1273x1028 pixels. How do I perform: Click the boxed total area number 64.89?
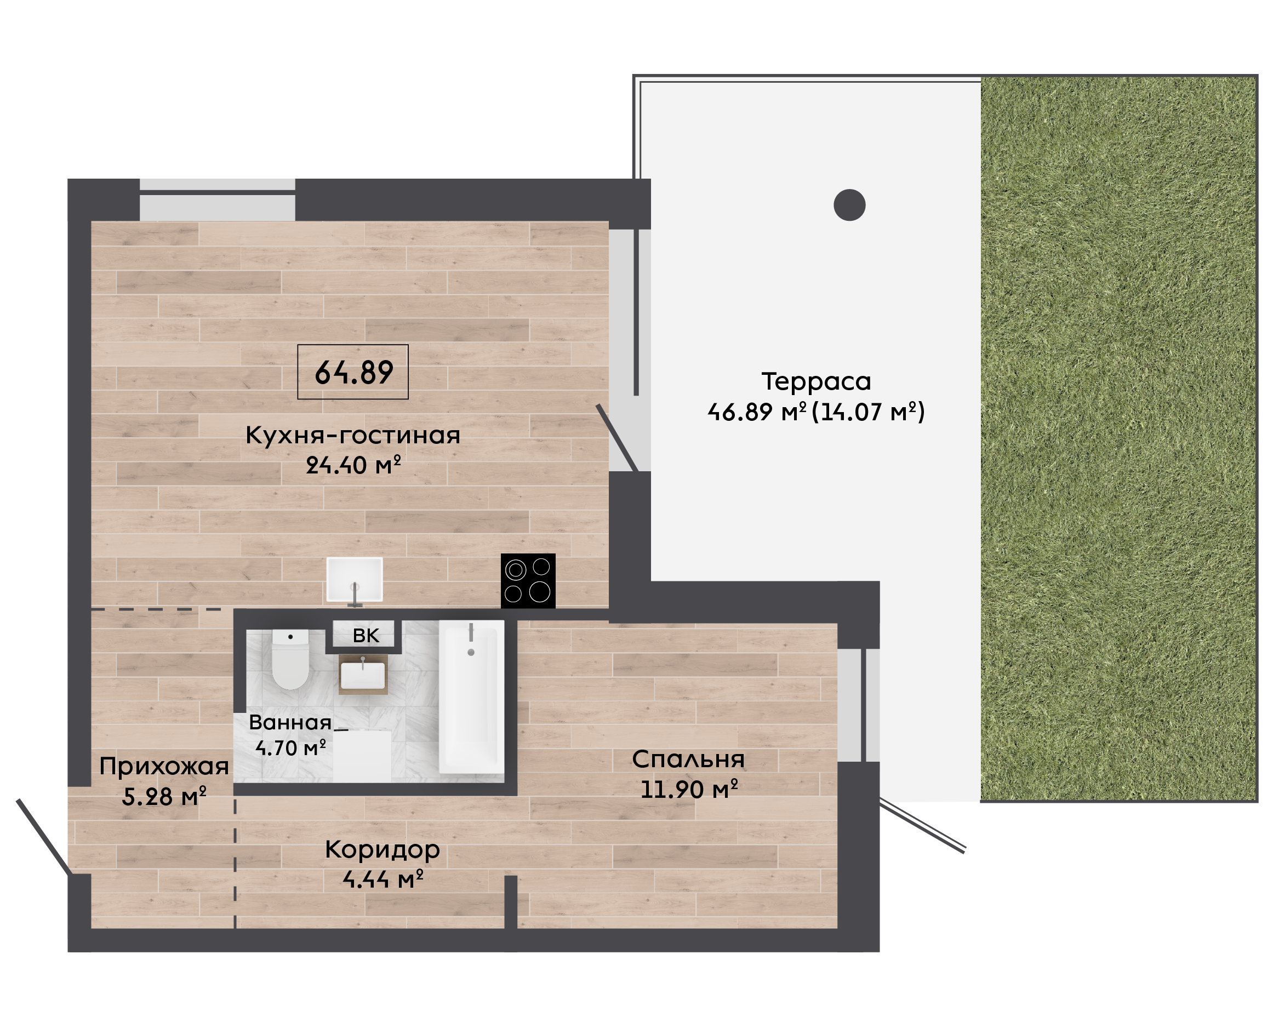(x=353, y=373)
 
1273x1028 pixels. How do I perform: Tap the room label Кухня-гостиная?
(x=353, y=435)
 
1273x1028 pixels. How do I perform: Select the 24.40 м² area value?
(x=353, y=465)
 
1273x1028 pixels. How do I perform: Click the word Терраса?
(x=816, y=381)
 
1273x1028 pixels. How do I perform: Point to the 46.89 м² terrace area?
(x=757, y=412)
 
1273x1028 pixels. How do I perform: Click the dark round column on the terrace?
(x=849, y=205)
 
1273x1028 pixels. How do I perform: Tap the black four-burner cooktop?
(x=528, y=581)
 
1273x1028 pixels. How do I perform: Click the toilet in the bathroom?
(x=290, y=659)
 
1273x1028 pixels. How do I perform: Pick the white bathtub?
(x=471, y=697)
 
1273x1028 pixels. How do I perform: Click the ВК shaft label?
(x=366, y=636)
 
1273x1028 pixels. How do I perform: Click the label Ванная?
(x=290, y=722)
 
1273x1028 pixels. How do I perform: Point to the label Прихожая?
(x=164, y=767)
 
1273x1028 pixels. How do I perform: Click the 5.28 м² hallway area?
(x=164, y=796)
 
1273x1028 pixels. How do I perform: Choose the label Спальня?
(x=688, y=759)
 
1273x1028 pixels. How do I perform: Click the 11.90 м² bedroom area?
(x=689, y=789)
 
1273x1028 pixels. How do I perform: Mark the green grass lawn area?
(x=1118, y=439)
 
